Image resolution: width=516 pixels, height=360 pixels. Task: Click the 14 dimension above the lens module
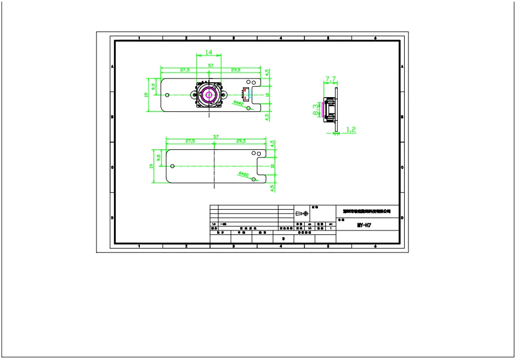pos(208,52)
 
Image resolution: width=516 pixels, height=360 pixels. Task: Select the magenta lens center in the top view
pos(209,94)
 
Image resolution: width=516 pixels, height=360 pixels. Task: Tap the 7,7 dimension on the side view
pos(331,80)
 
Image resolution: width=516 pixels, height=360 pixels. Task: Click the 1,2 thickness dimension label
pos(351,130)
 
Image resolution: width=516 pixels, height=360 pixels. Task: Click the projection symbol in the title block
pos(302,213)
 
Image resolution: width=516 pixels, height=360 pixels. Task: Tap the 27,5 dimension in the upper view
pos(184,70)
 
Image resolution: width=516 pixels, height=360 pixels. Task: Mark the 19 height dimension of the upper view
pos(146,94)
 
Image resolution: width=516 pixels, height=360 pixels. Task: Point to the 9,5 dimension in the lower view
pos(158,157)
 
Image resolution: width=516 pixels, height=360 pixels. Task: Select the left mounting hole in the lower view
pos(173,166)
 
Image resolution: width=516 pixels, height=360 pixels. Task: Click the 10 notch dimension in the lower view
pos(272,166)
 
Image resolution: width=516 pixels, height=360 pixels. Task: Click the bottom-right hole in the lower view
pos(253,179)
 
